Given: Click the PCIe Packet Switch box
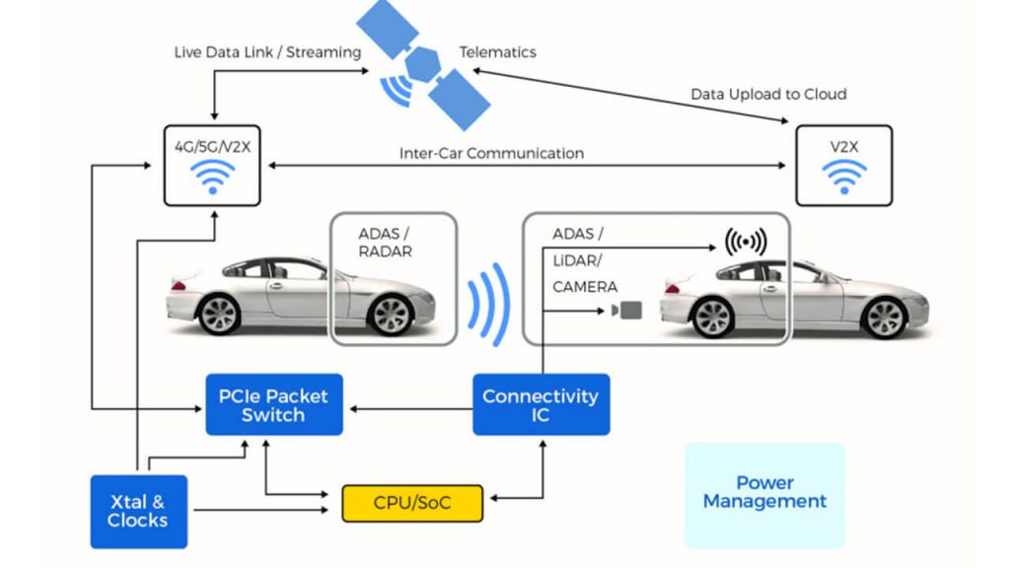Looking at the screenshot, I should click(x=273, y=405).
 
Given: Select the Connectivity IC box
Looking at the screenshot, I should click(x=541, y=404).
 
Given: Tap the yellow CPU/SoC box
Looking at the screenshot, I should click(x=413, y=503).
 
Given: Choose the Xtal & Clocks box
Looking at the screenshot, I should click(x=138, y=511).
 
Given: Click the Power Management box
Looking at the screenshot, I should click(x=764, y=493).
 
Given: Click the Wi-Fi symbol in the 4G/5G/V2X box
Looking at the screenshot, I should click(x=212, y=178).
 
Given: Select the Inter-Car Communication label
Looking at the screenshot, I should click(x=491, y=154).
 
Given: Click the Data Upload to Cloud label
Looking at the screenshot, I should click(x=768, y=95).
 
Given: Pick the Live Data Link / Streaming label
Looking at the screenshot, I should click(x=267, y=51).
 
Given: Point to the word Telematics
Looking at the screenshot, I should click(x=497, y=51).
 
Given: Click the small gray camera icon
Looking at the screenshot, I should click(x=626, y=311).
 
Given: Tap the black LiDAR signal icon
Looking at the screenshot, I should click(x=746, y=243).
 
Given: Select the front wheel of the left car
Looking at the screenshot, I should click(x=388, y=315).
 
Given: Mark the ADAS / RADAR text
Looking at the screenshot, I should click(x=386, y=243).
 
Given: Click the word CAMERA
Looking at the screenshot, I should click(x=585, y=287).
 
